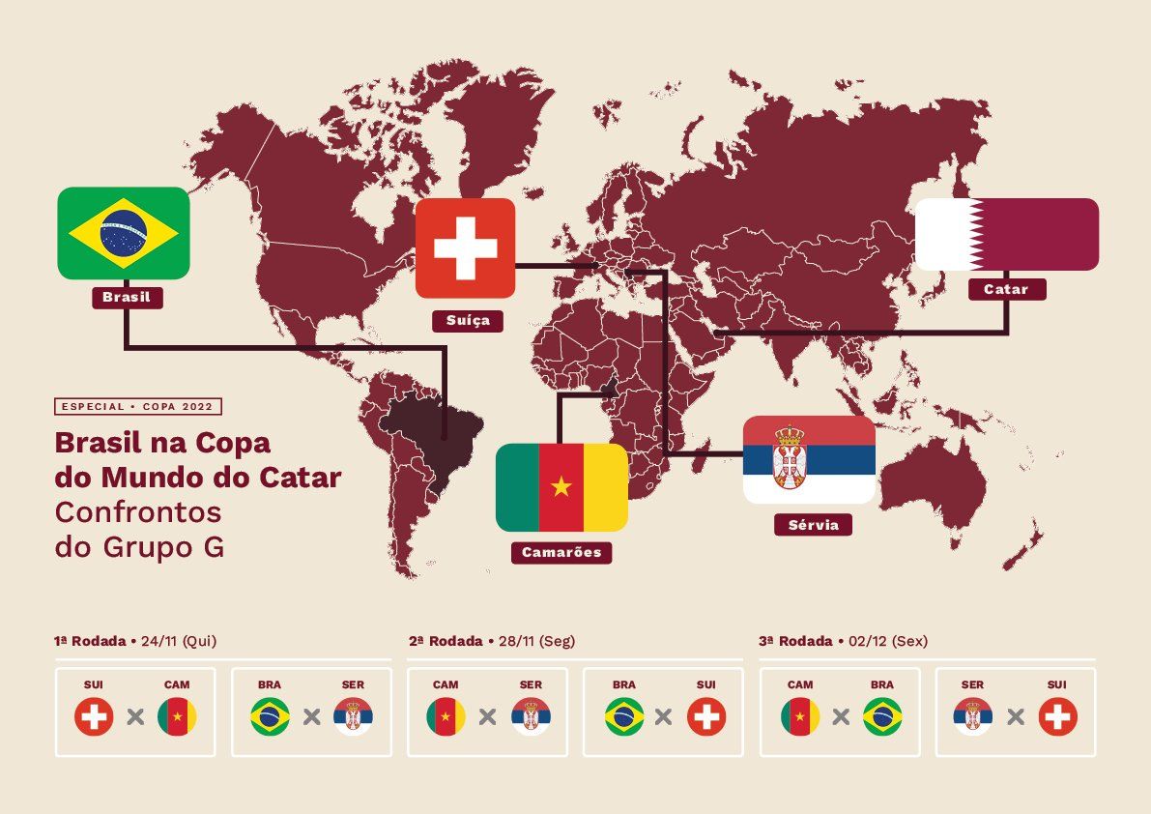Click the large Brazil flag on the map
[123, 233]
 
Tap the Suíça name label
[468, 320]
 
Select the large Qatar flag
[1006, 234]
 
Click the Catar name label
[1006, 289]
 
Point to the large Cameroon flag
[561, 487]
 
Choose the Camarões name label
[561, 553]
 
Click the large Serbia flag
[809, 460]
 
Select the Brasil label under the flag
[127, 297]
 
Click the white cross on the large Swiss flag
[465, 247]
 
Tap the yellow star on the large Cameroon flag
[561, 486]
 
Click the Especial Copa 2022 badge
[138, 407]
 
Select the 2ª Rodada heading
[446, 641]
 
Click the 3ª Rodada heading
[795, 641]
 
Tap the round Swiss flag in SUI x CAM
[94, 717]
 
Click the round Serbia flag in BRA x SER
[353, 717]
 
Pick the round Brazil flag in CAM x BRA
[882, 717]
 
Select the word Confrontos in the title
[138, 511]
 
